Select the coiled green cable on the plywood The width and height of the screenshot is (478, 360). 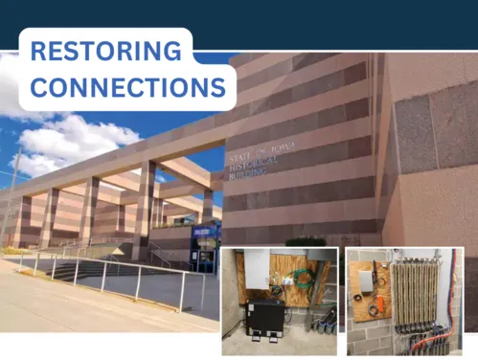(302, 280)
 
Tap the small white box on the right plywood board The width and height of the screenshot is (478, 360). (366, 280)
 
